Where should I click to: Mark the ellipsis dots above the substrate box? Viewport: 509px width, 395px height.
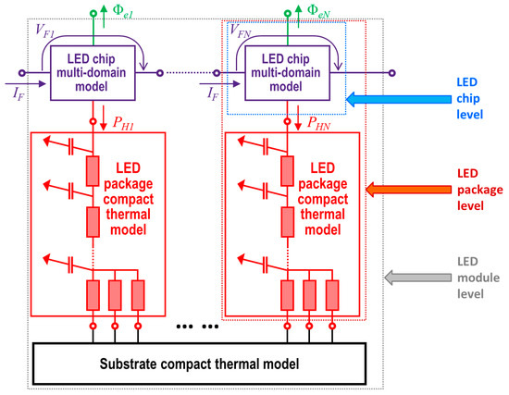[196, 328]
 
